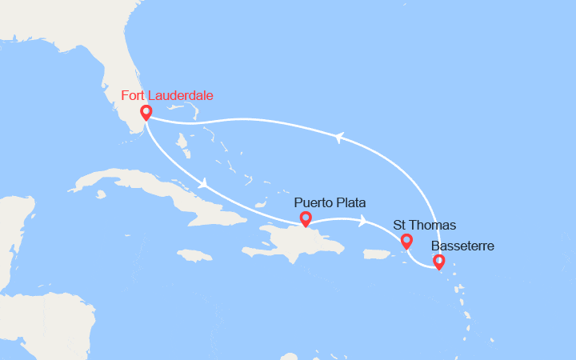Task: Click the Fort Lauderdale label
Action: pyautogui.click(x=167, y=96)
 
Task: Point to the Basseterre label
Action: pyautogui.click(x=462, y=246)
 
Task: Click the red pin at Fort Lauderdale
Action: pyautogui.click(x=146, y=113)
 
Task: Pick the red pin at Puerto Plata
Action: pyautogui.click(x=305, y=218)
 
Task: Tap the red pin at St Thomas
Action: pyautogui.click(x=406, y=240)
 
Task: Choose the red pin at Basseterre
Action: pyautogui.click(x=438, y=261)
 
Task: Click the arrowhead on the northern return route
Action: pyautogui.click(x=339, y=138)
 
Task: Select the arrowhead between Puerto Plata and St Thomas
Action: pyautogui.click(x=364, y=221)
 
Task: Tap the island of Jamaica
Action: pyautogui.click(x=195, y=255)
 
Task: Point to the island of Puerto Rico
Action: pyautogui.click(x=380, y=254)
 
